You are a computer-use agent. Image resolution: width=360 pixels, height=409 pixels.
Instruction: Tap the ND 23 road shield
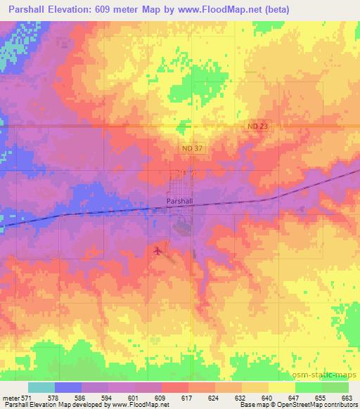(x=277, y=125)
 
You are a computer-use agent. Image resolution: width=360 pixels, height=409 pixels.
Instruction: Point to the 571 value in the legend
(x=26, y=397)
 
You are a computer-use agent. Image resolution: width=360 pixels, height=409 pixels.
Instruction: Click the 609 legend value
(x=162, y=397)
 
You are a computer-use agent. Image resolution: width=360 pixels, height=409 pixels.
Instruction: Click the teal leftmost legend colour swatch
(x=41, y=387)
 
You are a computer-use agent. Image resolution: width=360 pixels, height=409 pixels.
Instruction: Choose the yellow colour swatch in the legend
(x=281, y=387)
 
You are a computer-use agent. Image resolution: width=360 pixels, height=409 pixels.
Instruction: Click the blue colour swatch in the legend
(x=67, y=387)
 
